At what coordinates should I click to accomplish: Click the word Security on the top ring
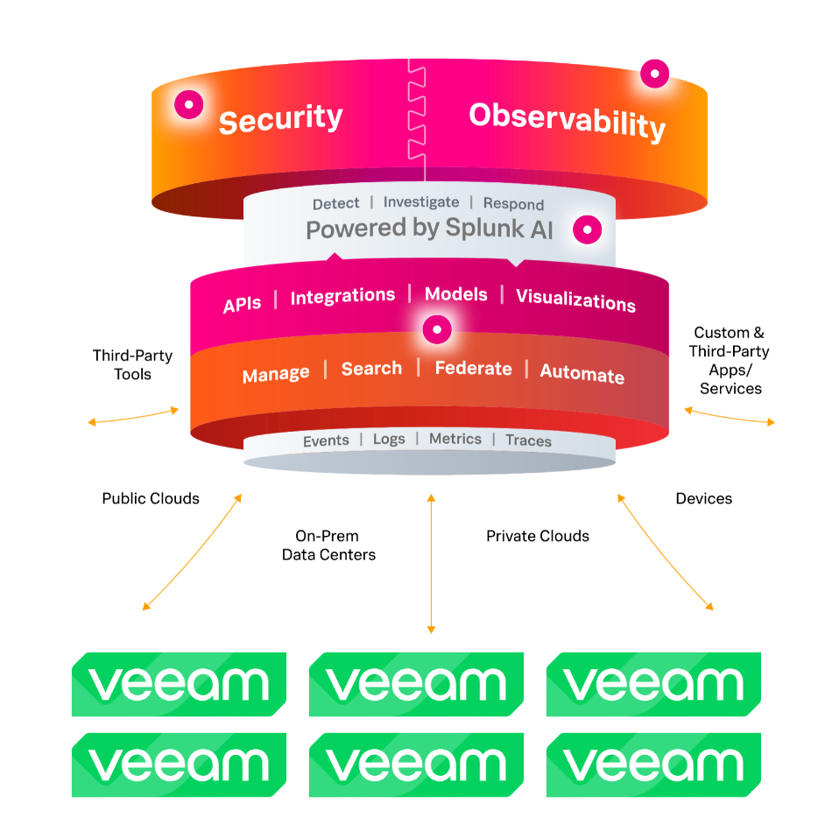(281, 119)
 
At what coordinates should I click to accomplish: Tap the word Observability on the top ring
(568, 121)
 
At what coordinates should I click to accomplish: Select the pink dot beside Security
(189, 104)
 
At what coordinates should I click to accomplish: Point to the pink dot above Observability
(655, 74)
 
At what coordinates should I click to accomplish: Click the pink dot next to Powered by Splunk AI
(588, 229)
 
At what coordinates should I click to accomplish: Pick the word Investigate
(421, 202)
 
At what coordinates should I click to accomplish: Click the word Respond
(513, 204)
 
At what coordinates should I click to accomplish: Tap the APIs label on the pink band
(242, 304)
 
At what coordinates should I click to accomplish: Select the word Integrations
(342, 296)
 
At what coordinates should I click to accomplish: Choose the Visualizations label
(576, 300)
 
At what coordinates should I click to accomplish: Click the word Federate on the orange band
(473, 368)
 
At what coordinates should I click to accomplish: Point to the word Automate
(582, 374)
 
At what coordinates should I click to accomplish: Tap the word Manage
(276, 374)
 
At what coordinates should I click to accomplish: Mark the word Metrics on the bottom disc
(455, 439)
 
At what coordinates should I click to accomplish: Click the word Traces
(528, 441)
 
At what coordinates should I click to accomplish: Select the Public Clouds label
(151, 498)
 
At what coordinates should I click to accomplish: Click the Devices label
(703, 498)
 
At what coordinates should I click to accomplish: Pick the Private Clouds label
(538, 536)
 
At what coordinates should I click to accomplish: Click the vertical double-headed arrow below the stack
(432, 563)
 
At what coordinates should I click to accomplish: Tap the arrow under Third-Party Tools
(133, 417)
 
